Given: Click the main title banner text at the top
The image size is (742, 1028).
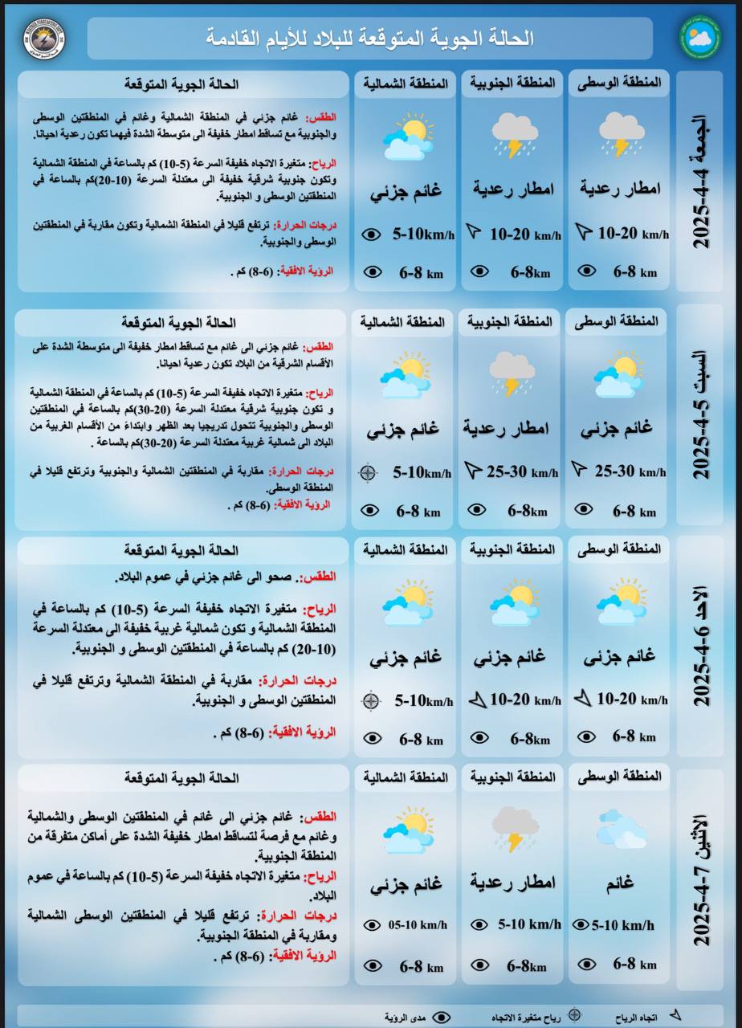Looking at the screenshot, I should click(370, 38).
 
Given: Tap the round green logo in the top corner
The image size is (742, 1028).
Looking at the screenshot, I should click(700, 39).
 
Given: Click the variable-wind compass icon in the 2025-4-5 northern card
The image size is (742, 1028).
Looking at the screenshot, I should click(369, 472).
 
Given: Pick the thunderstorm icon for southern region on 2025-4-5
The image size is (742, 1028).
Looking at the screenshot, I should click(512, 373).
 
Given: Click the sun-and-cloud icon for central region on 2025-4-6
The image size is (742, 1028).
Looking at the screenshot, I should click(621, 602).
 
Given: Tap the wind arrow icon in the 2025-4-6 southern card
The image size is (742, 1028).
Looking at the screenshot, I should click(477, 700).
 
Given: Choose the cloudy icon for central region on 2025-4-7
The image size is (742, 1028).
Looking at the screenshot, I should click(621, 827).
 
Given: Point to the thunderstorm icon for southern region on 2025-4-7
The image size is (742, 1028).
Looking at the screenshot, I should click(514, 829).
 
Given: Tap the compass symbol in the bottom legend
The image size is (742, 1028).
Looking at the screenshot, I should click(573, 1014).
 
